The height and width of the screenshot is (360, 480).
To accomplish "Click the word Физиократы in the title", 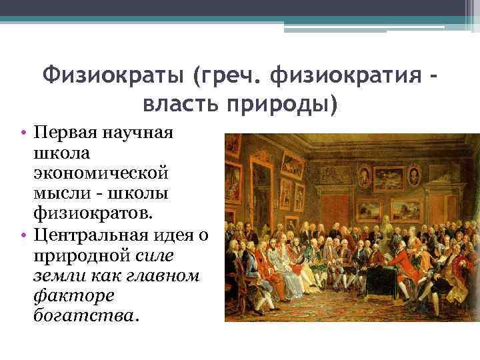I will click(x=113, y=77).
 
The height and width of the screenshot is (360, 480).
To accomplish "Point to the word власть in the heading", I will click(x=180, y=104).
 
